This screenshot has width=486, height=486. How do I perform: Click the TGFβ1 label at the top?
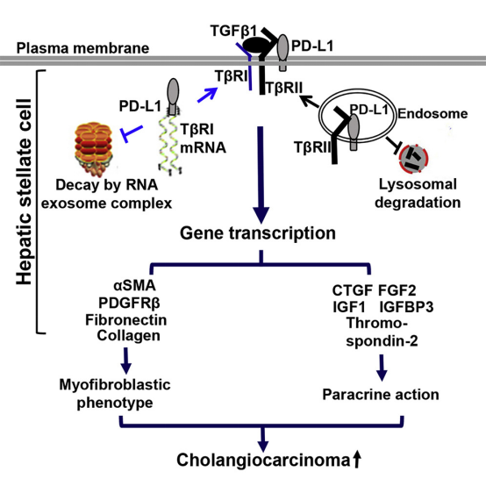point(234,31)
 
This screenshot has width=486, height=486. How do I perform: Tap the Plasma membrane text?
point(82,48)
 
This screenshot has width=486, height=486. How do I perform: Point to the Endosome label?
point(432,113)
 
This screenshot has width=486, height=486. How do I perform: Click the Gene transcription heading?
point(258,233)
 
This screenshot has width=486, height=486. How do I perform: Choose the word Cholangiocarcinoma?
point(263,460)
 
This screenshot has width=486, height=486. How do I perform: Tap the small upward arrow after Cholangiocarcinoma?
point(357,459)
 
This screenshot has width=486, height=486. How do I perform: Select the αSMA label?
point(135,285)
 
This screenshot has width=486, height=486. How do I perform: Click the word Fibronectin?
point(126,320)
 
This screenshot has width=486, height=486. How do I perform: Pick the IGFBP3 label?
point(406,307)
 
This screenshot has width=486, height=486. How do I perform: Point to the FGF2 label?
point(397,290)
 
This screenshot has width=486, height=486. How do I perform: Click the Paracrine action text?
point(381,395)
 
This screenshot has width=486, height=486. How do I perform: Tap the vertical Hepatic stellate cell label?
point(25,192)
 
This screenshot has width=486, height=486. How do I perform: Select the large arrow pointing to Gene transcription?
point(261,175)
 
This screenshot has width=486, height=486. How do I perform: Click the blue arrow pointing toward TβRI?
point(207,95)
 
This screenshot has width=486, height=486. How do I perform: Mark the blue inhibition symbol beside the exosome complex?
point(132,132)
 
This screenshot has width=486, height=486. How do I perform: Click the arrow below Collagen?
point(125,361)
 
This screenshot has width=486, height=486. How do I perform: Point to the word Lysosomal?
point(418,184)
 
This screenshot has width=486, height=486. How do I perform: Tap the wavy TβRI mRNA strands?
point(170,141)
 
